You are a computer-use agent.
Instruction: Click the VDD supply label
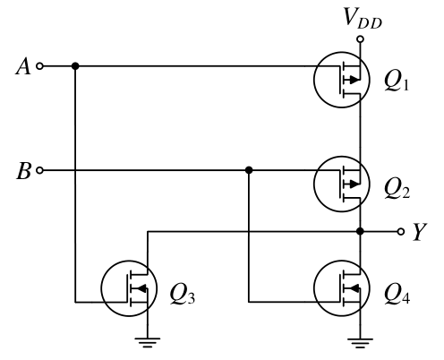[x=363, y=19]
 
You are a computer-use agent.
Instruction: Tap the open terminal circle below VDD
[x=361, y=39]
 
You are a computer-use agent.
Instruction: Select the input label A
[x=23, y=66]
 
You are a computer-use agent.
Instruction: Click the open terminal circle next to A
[x=39, y=66]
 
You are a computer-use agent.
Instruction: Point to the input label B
[x=23, y=170]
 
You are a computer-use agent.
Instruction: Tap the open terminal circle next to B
[x=39, y=170]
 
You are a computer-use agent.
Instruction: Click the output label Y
[x=420, y=232]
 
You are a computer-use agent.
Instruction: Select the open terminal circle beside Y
[x=401, y=231]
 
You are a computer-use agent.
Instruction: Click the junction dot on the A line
[x=75, y=66]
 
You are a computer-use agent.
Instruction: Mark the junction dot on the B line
[x=249, y=170]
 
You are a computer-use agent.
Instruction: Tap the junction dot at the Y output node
[x=361, y=231]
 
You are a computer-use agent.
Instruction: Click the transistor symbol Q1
[x=342, y=80]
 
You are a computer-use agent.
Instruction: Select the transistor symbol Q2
[x=342, y=184]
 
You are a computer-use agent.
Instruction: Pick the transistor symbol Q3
[x=129, y=288]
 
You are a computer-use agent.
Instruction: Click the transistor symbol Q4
[x=342, y=288]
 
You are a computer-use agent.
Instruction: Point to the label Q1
[x=397, y=82]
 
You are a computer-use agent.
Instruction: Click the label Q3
[x=183, y=295]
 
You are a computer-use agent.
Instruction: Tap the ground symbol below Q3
[x=148, y=343]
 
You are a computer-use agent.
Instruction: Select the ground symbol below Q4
[x=360, y=343]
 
